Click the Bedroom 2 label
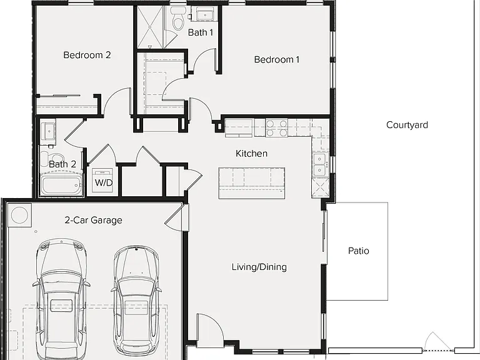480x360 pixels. coord(87,55)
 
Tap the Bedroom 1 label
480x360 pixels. coord(277,59)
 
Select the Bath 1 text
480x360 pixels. coord(201,32)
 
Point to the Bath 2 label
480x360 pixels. coord(62,164)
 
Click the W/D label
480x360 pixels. coord(104,182)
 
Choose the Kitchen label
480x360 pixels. coord(252,153)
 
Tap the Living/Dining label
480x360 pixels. coord(259,267)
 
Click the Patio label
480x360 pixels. coord(359,251)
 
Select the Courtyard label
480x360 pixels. coord(407,125)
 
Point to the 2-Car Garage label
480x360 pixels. coord(93,220)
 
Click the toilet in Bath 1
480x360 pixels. coord(177,19)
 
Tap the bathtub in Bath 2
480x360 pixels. coord(62,185)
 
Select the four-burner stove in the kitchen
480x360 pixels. coord(277,128)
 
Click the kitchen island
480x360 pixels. coord(252,183)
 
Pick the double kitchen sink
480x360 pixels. coord(320,165)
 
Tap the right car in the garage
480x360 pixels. coord(136,300)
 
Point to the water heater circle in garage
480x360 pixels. coord(19,215)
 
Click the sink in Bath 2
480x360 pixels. coord(47,132)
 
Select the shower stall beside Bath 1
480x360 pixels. coord(150,27)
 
